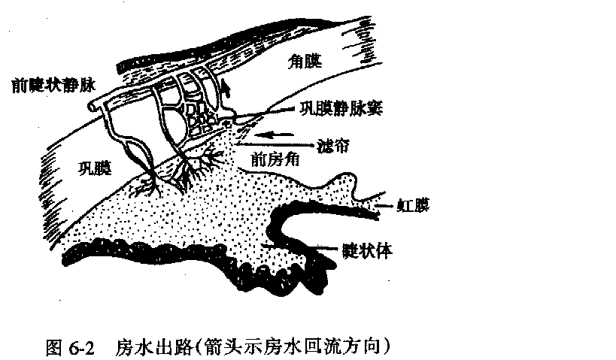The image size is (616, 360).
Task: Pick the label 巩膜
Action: (94, 168)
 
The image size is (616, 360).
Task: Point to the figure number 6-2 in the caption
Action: (79, 348)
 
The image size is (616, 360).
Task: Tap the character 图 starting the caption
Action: (53, 348)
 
